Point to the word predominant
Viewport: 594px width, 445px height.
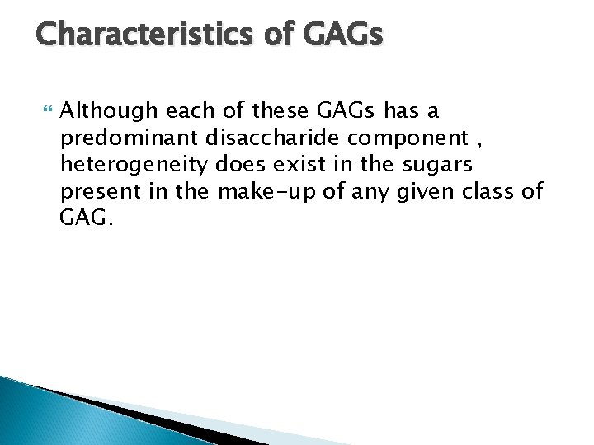(117, 138)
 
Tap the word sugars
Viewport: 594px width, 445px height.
(438, 165)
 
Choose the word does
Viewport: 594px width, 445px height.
(238, 165)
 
